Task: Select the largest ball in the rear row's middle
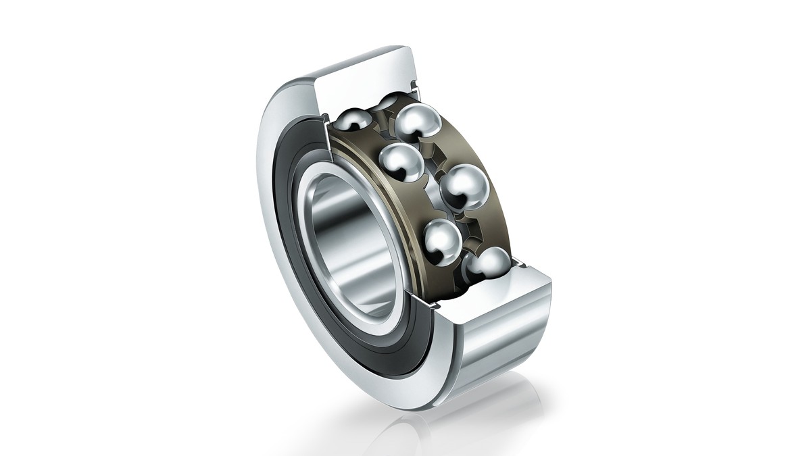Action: click(464, 188)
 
